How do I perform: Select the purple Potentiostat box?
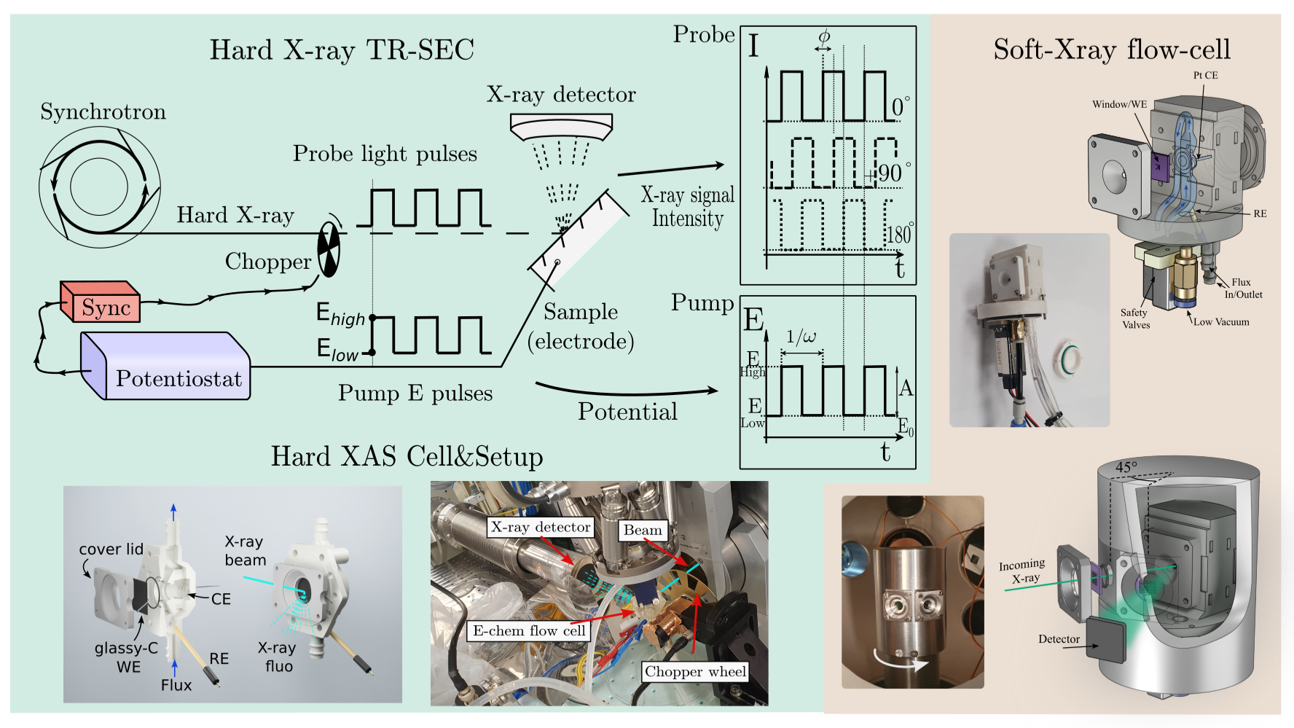pos(166,366)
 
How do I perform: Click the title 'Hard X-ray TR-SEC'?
pos(342,50)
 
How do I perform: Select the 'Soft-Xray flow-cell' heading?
pos(1112,50)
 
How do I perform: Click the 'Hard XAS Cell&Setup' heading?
pos(407,457)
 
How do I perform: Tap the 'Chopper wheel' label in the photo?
pos(695,671)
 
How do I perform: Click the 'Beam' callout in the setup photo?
pos(643,530)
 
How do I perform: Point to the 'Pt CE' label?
pos(1205,75)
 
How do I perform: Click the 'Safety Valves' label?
pos(1134,318)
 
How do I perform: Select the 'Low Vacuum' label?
pos(1221,321)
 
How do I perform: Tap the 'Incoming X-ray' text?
pos(1022,571)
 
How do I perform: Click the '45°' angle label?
pos(1126,467)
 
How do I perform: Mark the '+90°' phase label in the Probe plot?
pos(887,173)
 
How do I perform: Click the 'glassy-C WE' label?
pos(127,657)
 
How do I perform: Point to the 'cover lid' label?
pos(111,549)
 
